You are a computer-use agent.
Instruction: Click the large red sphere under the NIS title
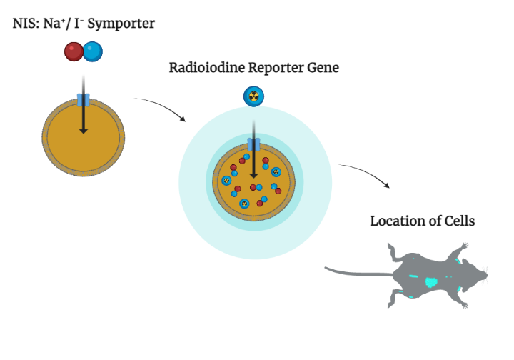click(74, 52)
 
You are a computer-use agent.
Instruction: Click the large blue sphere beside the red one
click(93, 52)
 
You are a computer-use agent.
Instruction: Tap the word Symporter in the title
click(121, 24)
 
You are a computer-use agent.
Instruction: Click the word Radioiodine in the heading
click(207, 68)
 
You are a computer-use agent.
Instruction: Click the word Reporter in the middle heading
click(276, 69)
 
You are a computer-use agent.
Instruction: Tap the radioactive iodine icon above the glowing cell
click(253, 96)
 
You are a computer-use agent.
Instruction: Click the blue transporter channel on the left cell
click(84, 100)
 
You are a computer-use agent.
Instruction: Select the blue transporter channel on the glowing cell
click(253, 144)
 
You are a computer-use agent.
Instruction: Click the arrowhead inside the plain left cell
click(84, 131)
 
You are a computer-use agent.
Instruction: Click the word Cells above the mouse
click(460, 221)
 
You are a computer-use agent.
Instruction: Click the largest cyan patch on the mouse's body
click(432, 282)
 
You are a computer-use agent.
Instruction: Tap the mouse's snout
click(485, 276)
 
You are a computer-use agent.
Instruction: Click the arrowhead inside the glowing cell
click(253, 176)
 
